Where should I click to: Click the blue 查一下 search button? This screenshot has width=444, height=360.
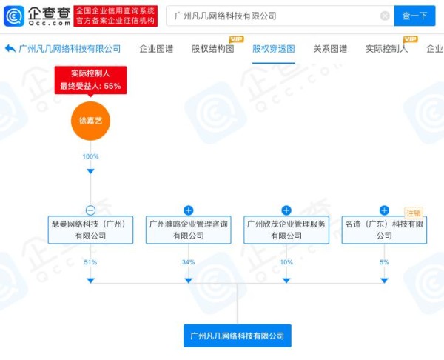coord(414,16)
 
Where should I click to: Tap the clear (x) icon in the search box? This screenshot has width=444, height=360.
coord(385,16)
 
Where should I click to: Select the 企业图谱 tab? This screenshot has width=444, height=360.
coord(156,49)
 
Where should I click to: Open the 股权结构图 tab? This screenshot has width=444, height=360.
coord(213,49)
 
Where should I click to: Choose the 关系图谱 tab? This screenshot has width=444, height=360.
coord(330,49)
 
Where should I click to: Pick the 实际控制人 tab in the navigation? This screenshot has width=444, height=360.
coord(387,49)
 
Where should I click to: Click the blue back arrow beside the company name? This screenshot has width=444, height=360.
coord(10,48)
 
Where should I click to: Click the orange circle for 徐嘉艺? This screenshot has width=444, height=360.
coord(90,121)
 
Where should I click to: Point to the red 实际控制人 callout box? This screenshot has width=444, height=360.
coord(90,80)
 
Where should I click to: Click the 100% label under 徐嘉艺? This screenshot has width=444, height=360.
coord(90,156)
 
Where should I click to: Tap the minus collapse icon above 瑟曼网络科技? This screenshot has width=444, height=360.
coord(90,210)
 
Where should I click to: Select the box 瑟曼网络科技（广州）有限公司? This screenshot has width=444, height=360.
coord(90,230)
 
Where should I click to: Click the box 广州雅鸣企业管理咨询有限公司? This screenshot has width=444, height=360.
coord(189,230)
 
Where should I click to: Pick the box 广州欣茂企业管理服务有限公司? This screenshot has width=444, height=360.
coord(286,230)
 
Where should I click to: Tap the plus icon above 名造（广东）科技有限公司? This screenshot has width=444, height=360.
coord(384,210)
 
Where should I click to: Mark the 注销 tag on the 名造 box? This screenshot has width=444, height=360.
coord(414,213)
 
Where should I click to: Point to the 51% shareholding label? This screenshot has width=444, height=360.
coord(90,262)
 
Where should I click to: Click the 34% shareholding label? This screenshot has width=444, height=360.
coord(189,262)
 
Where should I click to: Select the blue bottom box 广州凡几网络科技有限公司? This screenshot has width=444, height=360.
coord(238,336)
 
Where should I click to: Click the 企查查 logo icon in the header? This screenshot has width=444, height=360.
coord(14,16)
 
